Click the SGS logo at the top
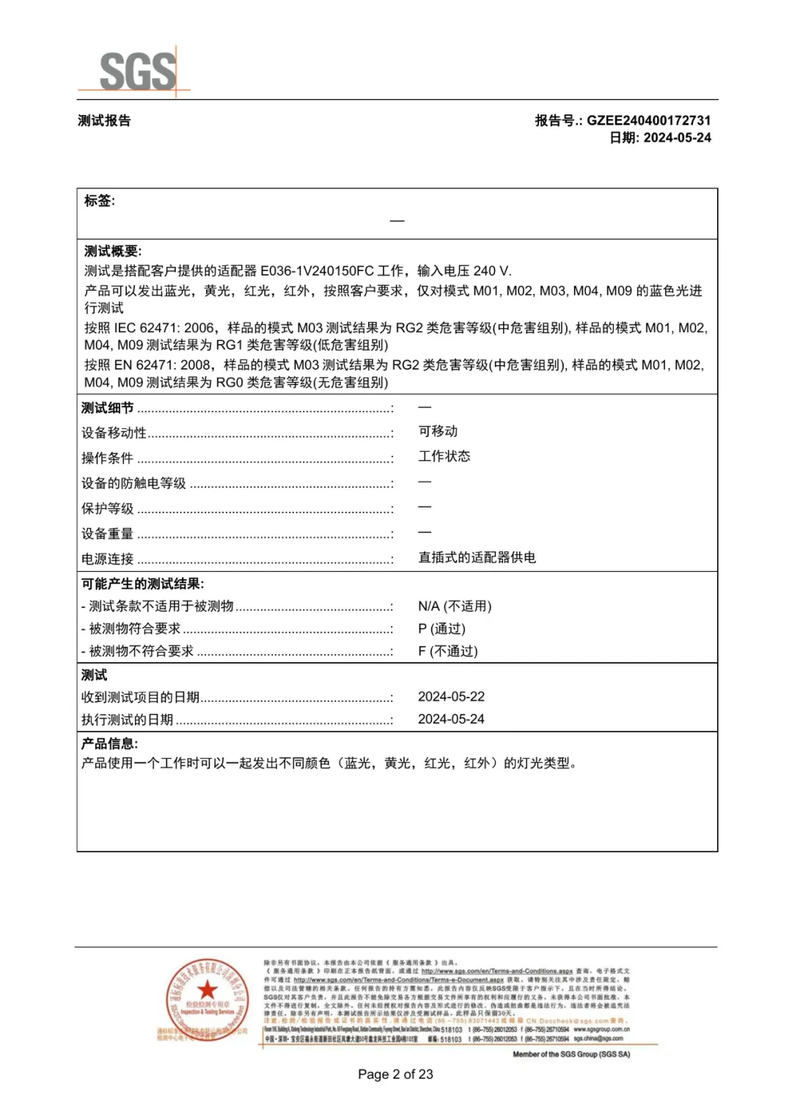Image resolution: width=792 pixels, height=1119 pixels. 137,71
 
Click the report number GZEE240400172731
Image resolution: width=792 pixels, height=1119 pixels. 648,120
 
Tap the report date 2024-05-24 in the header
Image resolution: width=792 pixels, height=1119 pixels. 677,138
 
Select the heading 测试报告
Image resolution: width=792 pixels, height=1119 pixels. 104,121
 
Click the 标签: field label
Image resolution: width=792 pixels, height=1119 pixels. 100,201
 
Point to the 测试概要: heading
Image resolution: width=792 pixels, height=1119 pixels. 113,252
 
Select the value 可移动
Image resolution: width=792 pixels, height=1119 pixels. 438,431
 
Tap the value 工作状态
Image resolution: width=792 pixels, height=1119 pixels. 444,456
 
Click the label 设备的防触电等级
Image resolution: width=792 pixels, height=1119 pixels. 133,483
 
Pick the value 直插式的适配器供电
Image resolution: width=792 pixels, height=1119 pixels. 477,557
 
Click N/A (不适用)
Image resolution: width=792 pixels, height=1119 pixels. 455,606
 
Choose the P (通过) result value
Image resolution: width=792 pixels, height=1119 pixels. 441,628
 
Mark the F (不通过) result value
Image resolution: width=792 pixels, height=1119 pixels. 447,651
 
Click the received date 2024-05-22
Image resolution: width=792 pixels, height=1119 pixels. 451,697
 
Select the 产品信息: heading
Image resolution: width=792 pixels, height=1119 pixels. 109,744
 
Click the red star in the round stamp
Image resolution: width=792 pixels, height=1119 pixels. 208,989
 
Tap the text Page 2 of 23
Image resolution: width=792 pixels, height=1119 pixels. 395,1074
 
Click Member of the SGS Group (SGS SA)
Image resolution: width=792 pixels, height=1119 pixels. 571,1054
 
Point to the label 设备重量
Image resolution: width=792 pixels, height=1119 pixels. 107,534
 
